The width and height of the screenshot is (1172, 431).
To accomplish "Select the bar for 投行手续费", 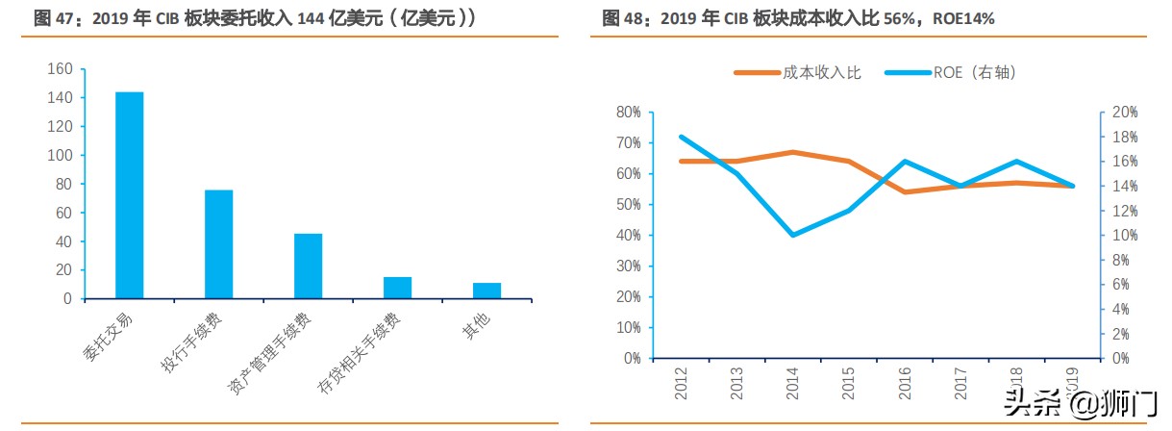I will point(219,244).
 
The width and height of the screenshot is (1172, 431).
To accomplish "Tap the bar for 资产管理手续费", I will point(308,266).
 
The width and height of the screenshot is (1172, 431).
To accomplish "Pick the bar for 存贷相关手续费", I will point(397,288).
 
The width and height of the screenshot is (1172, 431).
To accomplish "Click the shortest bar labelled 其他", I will point(486,291).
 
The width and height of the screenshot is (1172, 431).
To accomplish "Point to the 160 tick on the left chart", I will point(60,69).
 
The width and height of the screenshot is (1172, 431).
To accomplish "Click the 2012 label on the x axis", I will point(682,383).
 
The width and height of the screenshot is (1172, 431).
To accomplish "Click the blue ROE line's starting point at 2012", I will point(681,137).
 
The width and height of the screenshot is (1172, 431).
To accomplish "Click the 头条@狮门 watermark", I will point(1082,404).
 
